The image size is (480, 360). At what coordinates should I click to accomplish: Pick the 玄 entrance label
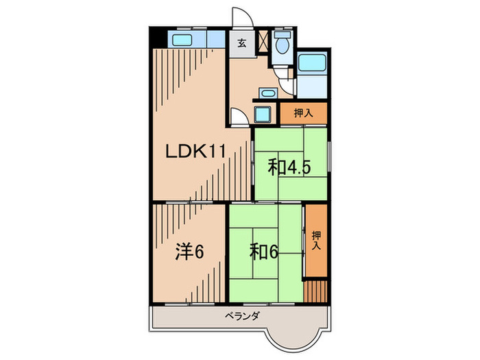242,43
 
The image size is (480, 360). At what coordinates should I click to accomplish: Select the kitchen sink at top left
183,38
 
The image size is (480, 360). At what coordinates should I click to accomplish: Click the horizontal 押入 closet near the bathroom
303,113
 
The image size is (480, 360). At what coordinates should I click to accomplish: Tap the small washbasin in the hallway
268,92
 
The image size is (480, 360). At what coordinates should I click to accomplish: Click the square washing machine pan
264,113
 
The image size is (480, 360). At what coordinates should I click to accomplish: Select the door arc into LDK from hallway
239,117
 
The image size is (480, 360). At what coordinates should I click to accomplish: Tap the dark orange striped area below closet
316,289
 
